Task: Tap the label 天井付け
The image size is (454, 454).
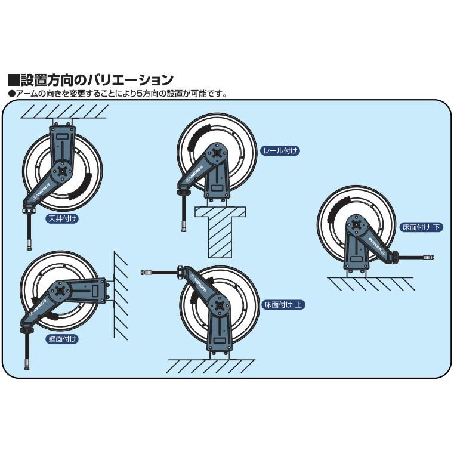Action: [x=63, y=218]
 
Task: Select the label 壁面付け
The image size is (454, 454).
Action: [x=63, y=339]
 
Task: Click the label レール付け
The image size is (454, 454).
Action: [x=280, y=151]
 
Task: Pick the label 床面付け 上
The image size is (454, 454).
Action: [x=284, y=304]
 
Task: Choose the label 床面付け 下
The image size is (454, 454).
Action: [x=422, y=227]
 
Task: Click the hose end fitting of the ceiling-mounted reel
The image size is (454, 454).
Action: [x=28, y=243]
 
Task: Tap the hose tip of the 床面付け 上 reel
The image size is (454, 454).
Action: [x=145, y=273]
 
